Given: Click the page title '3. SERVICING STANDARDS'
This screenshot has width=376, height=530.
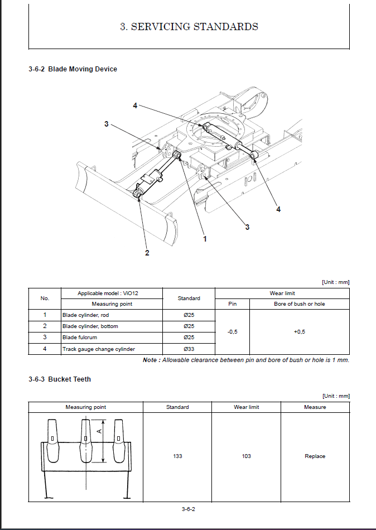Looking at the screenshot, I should (189, 26).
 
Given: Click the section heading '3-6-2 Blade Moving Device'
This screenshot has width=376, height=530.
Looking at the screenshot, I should (73, 69).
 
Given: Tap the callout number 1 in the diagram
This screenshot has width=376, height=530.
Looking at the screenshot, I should (205, 239).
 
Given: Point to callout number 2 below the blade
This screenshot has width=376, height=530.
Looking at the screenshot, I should (147, 253).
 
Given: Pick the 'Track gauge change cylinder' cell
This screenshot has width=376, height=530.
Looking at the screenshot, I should (99, 349).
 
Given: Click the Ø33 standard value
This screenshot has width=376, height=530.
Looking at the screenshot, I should (189, 349).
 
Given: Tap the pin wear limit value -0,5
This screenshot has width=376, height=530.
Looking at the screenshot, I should (232, 332).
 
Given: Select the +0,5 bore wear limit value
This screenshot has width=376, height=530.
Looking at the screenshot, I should (300, 332).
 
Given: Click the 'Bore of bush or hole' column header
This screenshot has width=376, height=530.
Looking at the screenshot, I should (299, 304).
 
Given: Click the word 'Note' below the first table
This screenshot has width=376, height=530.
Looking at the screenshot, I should (150, 360).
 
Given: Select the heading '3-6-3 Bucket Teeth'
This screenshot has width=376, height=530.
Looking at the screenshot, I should (60, 379).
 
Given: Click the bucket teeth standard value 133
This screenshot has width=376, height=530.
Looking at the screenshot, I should (177, 456).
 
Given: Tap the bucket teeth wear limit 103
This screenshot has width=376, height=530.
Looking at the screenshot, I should (246, 456).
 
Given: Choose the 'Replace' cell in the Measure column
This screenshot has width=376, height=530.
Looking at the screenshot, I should (315, 456).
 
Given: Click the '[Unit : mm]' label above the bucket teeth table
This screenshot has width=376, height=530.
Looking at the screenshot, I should (335, 396).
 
